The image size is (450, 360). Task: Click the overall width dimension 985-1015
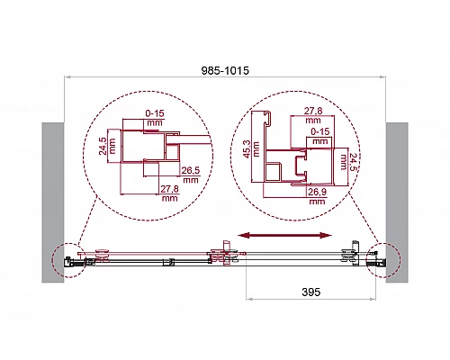pos(225,70)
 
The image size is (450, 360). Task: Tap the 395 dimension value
pos(311,292)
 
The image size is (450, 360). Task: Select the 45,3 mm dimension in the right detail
pos(251,149)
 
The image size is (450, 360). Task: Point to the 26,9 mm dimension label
pos(317,196)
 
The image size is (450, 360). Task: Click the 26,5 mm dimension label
pos(191,175)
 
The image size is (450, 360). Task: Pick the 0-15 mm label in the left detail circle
pos(155,118)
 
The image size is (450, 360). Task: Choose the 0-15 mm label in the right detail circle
pos(320,136)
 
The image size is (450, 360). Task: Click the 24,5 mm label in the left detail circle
pos(107,146)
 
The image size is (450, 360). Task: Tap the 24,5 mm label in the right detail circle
pos(348,162)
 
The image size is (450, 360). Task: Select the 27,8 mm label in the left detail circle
pos(169,193)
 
